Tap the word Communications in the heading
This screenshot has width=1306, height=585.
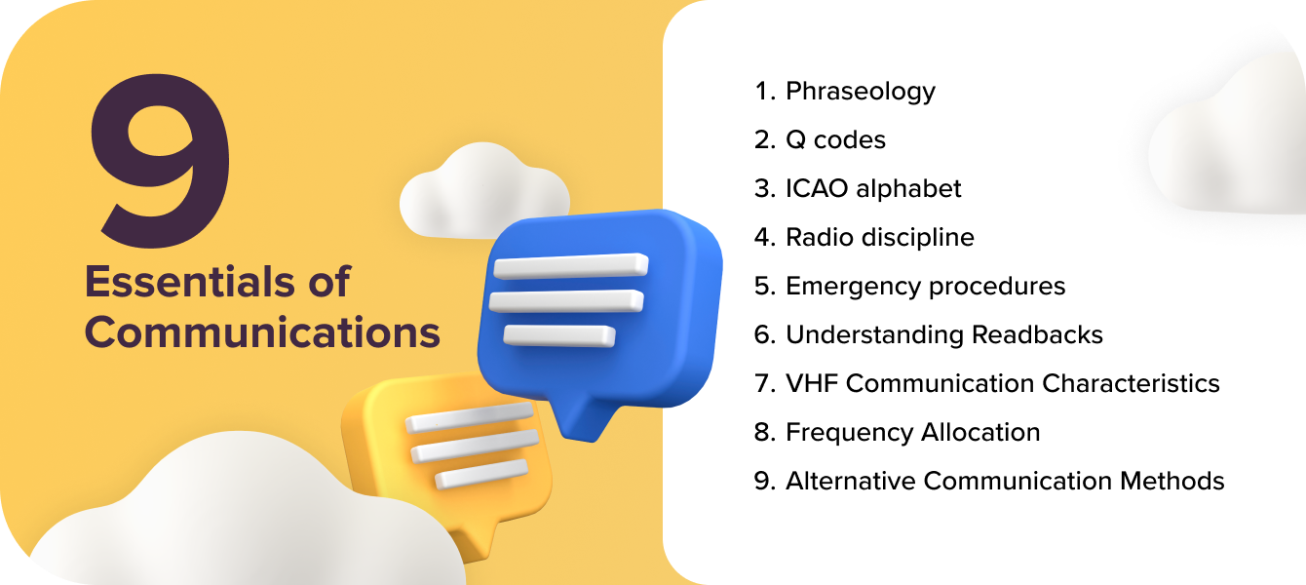(x=262, y=332)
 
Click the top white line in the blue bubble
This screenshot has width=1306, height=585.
(x=571, y=266)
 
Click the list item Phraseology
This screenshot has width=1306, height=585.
(x=861, y=91)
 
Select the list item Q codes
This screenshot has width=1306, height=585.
(x=835, y=139)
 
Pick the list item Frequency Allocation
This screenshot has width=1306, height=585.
(x=912, y=432)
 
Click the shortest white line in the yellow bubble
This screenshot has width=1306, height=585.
(x=480, y=478)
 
